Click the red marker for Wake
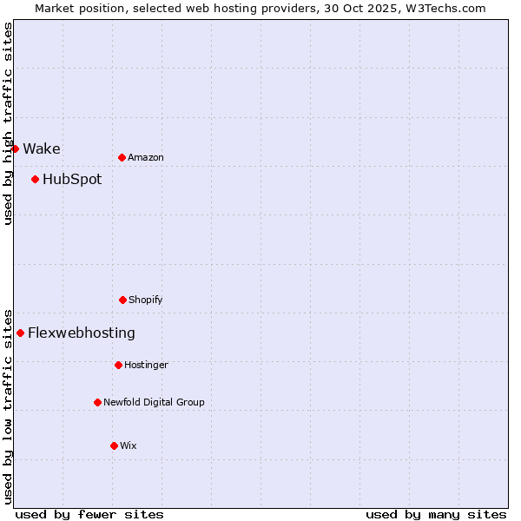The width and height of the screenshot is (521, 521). (x=15, y=148)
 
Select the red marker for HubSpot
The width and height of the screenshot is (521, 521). (x=35, y=180)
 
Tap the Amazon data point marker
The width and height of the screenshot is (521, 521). (x=122, y=157)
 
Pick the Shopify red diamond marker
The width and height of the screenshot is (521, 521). (x=122, y=300)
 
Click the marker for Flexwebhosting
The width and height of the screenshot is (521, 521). (x=20, y=333)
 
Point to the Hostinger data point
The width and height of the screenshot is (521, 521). (x=118, y=365)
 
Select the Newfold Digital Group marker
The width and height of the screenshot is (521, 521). (x=97, y=402)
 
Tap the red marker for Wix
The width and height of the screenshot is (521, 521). (x=114, y=445)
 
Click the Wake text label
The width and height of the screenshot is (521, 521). (x=42, y=148)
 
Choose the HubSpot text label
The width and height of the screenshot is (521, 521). (x=72, y=180)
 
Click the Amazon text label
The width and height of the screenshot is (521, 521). (x=146, y=157)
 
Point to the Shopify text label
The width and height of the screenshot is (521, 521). (x=146, y=300)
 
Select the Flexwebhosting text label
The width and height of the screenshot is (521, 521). (x=82, y=333)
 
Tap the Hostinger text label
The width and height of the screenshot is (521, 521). (x=146, y=365)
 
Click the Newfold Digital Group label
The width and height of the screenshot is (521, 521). (x=154, y=402)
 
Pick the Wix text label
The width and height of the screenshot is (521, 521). (x=129, y=445)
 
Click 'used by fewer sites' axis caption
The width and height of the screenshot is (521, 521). (x=89, y=514)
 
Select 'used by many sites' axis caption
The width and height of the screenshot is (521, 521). (x=436, y=514)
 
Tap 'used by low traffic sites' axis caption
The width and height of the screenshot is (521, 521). (x=8, y=406)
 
